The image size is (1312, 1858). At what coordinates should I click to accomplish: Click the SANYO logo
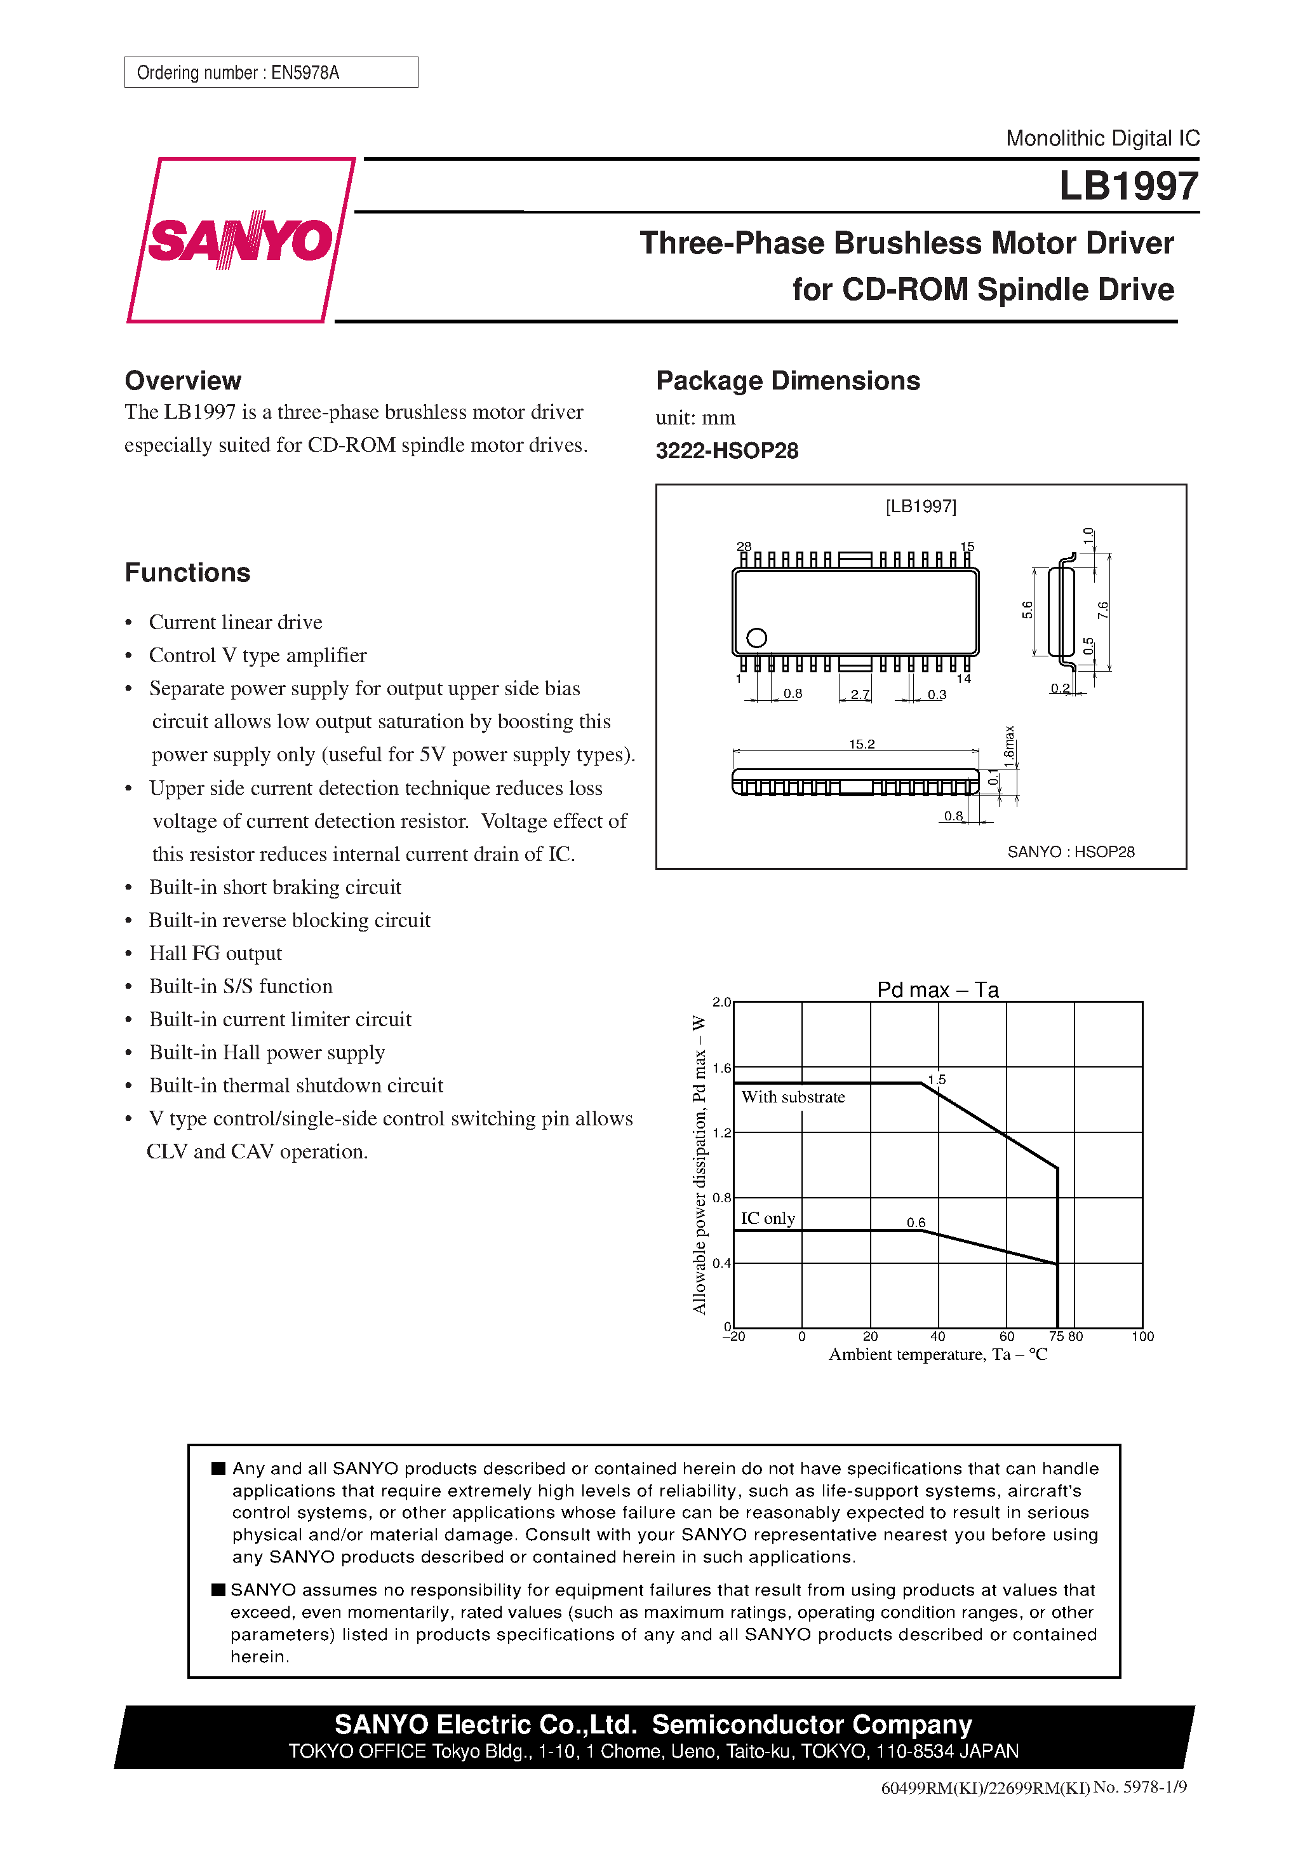[240, 240]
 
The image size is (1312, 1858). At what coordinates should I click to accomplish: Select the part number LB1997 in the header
[1128, 186]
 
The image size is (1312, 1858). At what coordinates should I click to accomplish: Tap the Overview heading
[183, 381]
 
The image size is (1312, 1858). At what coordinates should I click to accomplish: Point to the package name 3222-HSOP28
[726, 451]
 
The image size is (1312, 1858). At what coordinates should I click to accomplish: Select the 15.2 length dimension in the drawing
[862, 743]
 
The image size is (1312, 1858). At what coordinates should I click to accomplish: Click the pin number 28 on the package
[744, 546]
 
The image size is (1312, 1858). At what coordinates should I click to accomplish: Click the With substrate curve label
[793, 1097]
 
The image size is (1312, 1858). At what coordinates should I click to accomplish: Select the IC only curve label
[768, 1218]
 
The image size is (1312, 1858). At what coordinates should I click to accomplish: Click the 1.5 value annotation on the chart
[937, 1080]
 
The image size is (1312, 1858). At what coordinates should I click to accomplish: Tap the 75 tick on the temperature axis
[1055, 1336]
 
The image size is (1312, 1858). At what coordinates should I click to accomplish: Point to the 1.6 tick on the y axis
[721, 1068]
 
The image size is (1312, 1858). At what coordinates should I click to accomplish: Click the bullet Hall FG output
[215, 953]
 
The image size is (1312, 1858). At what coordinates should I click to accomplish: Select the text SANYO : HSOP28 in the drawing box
[1070, 851]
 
